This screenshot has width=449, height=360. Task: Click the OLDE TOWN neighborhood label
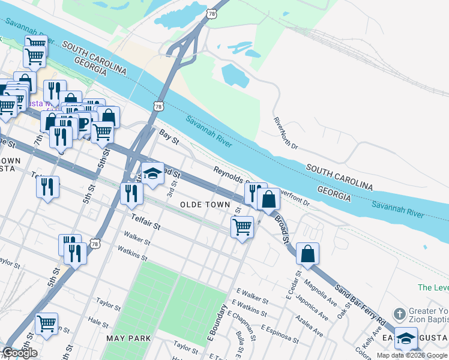206,205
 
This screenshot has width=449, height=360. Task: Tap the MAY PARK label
128,338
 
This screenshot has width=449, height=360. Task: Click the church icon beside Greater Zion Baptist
399,313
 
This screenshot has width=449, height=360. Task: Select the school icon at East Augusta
406,338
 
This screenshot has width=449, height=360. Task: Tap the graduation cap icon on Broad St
152,173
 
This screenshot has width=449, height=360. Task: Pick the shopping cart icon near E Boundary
241,227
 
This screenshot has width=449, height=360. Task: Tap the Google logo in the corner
19,353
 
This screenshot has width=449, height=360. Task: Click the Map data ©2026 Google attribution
412,355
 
